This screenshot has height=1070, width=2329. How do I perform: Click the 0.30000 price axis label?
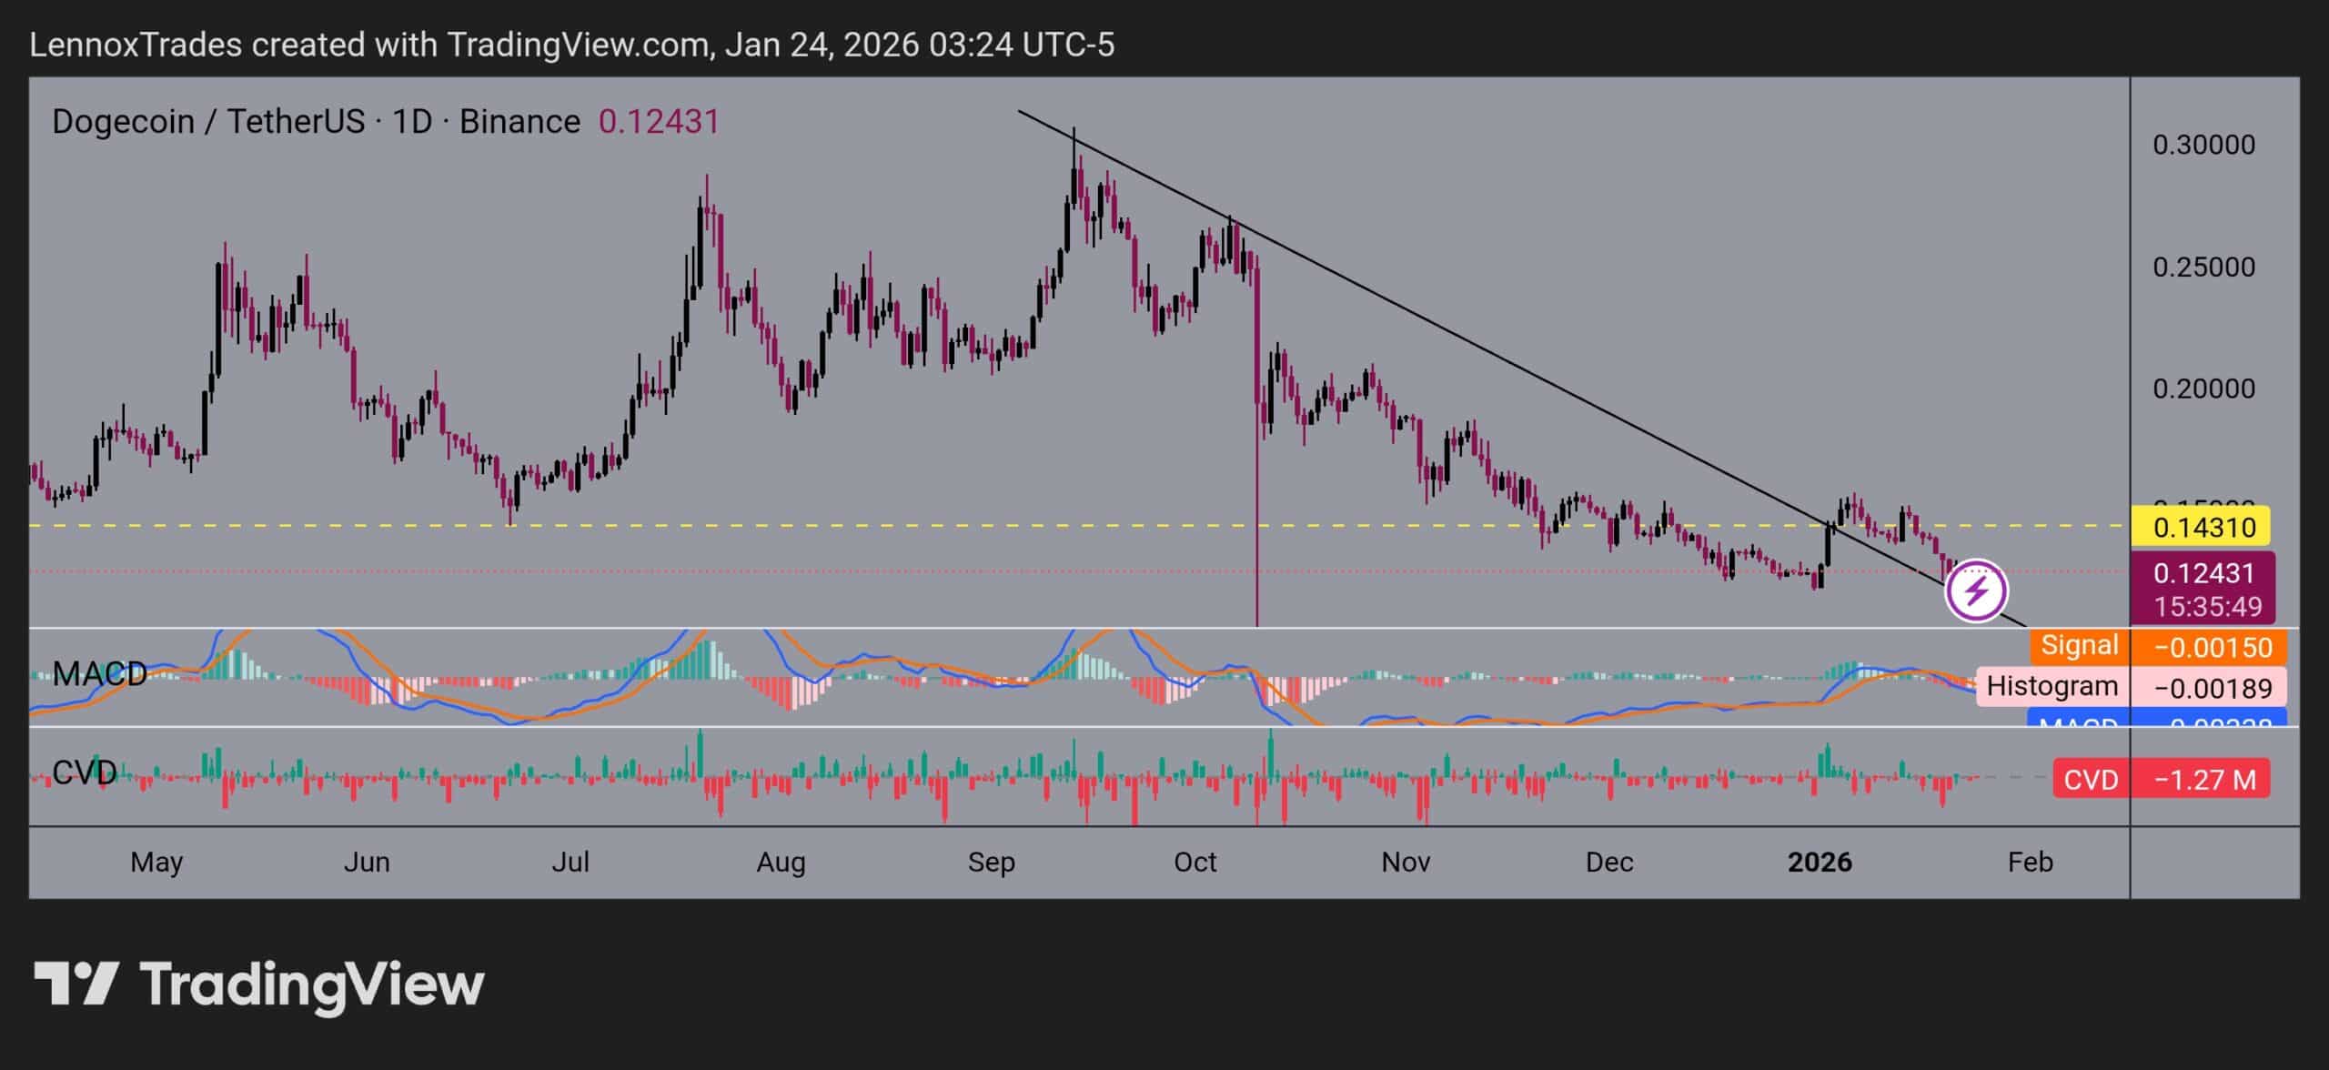click(x=2203, y=145)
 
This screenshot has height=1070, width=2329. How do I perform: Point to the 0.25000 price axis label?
click(x=2203, y=267)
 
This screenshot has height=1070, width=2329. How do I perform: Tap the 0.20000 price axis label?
click(x=2203, y=389)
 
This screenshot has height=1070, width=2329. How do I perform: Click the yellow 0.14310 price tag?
click(x=2201, y=528)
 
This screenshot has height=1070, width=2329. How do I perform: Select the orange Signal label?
click(x=2079, y=646)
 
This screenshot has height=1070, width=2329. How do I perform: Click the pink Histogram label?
click(x=2052, y=686)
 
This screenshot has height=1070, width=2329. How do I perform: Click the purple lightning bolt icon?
click(x=1976, y=591)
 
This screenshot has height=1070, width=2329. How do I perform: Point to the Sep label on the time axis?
click(x=991, y=862)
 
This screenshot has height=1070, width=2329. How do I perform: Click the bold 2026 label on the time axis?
click(x=1820, y=862)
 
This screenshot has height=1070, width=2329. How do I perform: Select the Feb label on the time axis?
click(x=2030, y=862)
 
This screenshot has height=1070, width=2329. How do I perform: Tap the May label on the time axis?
click(x=156, y=862)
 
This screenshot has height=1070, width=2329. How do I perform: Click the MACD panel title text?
click(x=99, y=674)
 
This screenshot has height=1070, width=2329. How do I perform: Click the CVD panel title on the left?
click(x=84, y=773)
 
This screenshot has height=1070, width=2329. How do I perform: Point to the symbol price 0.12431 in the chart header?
click(x=659, y=121)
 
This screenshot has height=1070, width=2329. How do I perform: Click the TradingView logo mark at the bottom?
click(x=76, y=984)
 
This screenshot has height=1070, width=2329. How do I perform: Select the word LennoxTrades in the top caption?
click(x=136, y=45)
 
